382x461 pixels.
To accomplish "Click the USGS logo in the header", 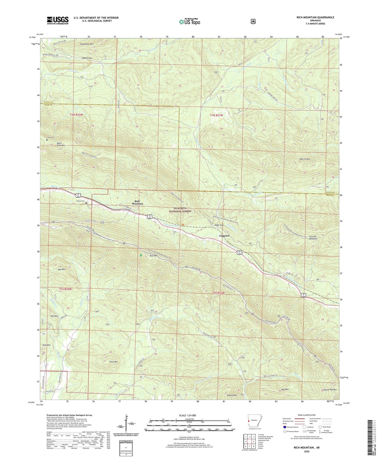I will coord(58,20).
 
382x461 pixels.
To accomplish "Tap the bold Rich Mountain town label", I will coord(138,202).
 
